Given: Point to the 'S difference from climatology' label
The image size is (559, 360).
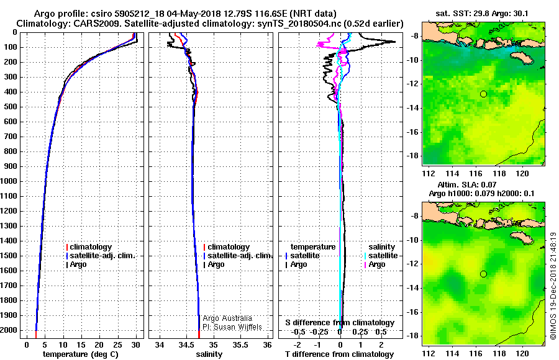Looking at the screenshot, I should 339,323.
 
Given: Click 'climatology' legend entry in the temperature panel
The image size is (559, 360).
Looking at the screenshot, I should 91,247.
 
